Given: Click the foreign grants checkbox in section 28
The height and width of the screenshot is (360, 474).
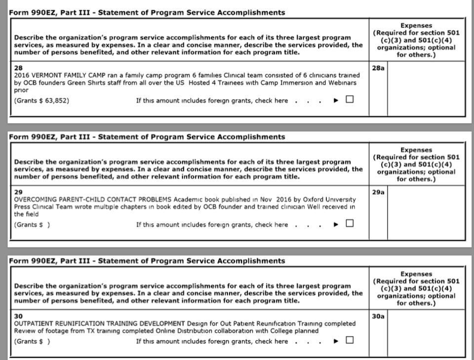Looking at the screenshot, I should (x=350, y=100).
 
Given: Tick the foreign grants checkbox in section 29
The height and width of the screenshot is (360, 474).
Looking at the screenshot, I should (x=350, y=224).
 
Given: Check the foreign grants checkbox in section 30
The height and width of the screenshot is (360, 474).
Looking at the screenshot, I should (x=350, y=340).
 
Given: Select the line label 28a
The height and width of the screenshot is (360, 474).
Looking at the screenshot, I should (x=378, y=68).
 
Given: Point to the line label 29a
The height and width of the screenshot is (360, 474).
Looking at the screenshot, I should (x=378, y=192).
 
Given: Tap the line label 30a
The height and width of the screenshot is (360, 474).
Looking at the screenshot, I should (x=378, y=316).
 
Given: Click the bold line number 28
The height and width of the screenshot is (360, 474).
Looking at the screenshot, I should (x=18, y=67).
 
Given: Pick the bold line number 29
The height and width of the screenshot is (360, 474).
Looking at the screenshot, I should (x=18, y=192).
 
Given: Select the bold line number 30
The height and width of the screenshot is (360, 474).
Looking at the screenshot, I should (x=18, y=316).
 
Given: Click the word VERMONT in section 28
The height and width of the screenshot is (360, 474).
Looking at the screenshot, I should (x=48, y=75).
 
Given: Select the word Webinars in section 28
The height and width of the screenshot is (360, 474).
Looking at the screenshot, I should (x=341, y=82).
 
